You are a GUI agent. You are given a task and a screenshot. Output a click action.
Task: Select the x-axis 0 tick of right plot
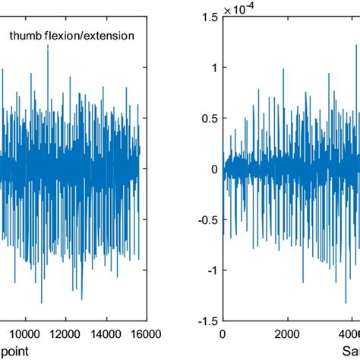coord(223,333)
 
